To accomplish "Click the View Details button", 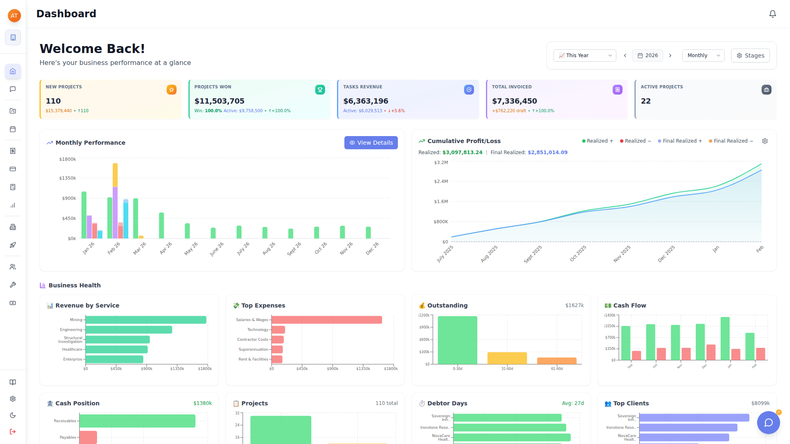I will [x=371, y=143].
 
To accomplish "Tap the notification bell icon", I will [x=772, y=14].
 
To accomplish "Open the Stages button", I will [x=750, y=55].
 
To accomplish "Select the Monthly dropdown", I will [x=703, y=55].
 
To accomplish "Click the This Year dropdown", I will [x=584, y=55].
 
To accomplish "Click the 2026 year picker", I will [x=647, y=55].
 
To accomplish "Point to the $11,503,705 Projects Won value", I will [x=219, y=101].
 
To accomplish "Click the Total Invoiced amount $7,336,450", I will [x=514, y=101].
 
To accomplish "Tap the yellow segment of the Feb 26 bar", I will [x=115, y=175].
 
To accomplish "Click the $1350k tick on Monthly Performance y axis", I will [x=67, y=178].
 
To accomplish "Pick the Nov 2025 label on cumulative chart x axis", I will [x=622, y=254].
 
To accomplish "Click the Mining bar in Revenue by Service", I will [x=146, y=320].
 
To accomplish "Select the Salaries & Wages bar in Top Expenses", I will [x=326, y=320].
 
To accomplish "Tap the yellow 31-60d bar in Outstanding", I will [x=507, y=358].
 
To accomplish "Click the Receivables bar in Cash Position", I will [x=137, y=421].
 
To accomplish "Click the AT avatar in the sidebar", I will [x=14, y=16].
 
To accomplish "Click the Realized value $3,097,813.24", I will [x=462, y=153].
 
